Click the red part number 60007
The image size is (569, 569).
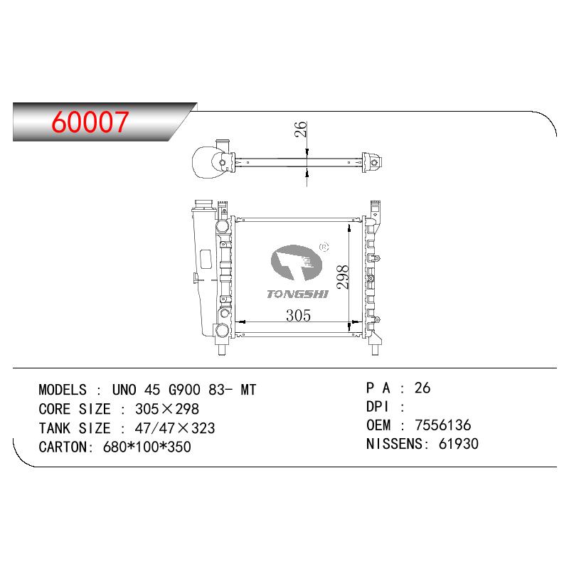click(x=90, y=122)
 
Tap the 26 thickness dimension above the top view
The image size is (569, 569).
click(x=301, y=129)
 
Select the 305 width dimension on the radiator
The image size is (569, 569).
click(x=298, y=315)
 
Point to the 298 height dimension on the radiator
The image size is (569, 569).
click(x=343, y=277)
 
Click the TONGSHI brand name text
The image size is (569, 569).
click(x=297, y=294)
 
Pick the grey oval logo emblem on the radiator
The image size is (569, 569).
click(x=297, y=262)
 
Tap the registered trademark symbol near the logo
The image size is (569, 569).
click(x=324, y=247)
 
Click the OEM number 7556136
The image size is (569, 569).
click(x=442, y=425)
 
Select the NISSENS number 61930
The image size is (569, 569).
click(x=459, y=444)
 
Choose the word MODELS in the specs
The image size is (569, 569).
click(x=63, y=390)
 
